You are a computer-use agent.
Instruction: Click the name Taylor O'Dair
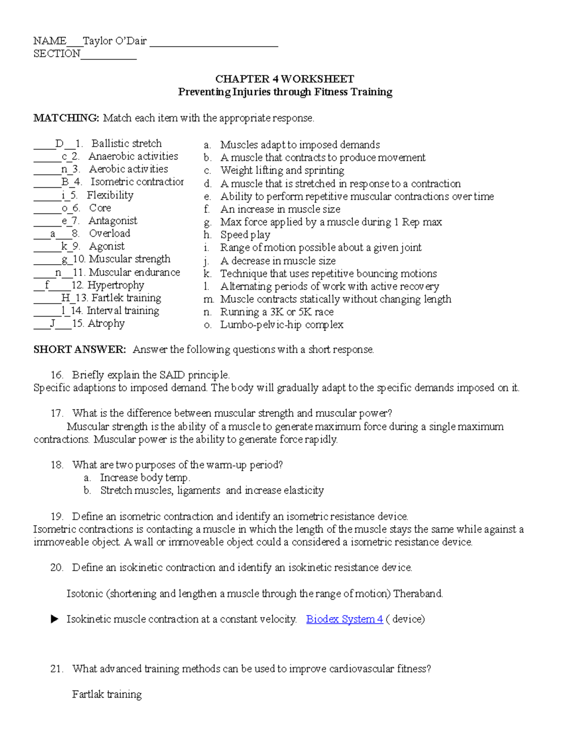114,41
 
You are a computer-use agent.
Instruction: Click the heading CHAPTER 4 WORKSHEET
285,79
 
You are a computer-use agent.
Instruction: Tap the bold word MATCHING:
66,118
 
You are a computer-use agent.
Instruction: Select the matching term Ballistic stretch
126,144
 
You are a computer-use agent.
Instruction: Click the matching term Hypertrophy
115,285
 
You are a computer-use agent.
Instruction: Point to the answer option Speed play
245,235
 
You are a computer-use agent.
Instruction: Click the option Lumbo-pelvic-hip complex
282,325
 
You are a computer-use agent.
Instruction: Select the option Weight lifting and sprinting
282,171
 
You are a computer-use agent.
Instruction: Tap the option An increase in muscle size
280,209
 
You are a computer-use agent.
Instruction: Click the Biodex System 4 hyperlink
344,619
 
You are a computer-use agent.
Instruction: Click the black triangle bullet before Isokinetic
55,619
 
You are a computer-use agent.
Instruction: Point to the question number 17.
57,413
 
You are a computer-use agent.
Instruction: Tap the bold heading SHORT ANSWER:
80,350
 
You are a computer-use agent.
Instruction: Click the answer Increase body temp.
145,478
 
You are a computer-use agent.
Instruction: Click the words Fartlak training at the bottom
107,695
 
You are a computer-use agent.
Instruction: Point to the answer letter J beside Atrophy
53,324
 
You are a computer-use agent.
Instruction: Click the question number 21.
57,669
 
